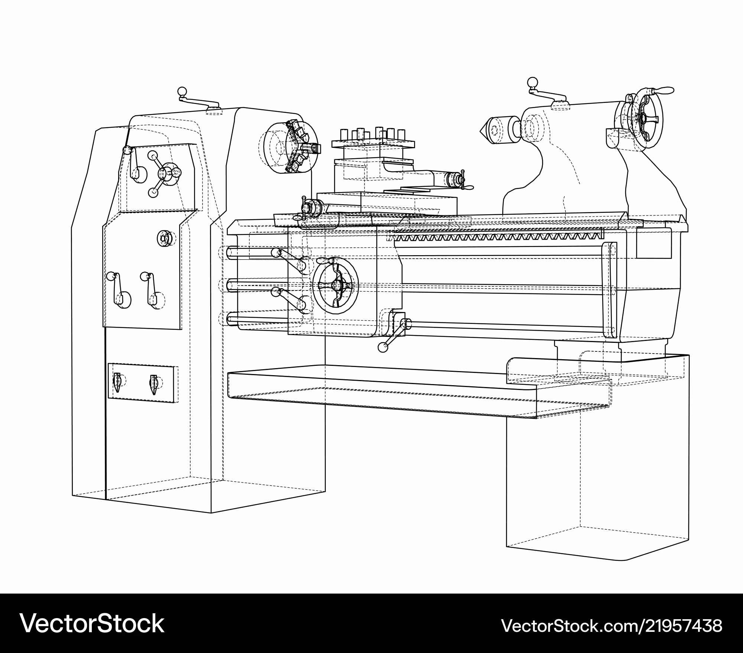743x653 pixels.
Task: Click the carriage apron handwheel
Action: pyautogui.click(x=335, y=285)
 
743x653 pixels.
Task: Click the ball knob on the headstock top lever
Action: pyautogui.click(x=182, y=91)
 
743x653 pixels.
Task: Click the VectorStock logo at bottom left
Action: pyautogui.click(x=92, y=623)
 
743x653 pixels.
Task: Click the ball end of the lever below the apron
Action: pyautogui.click(x=382, y=347)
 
